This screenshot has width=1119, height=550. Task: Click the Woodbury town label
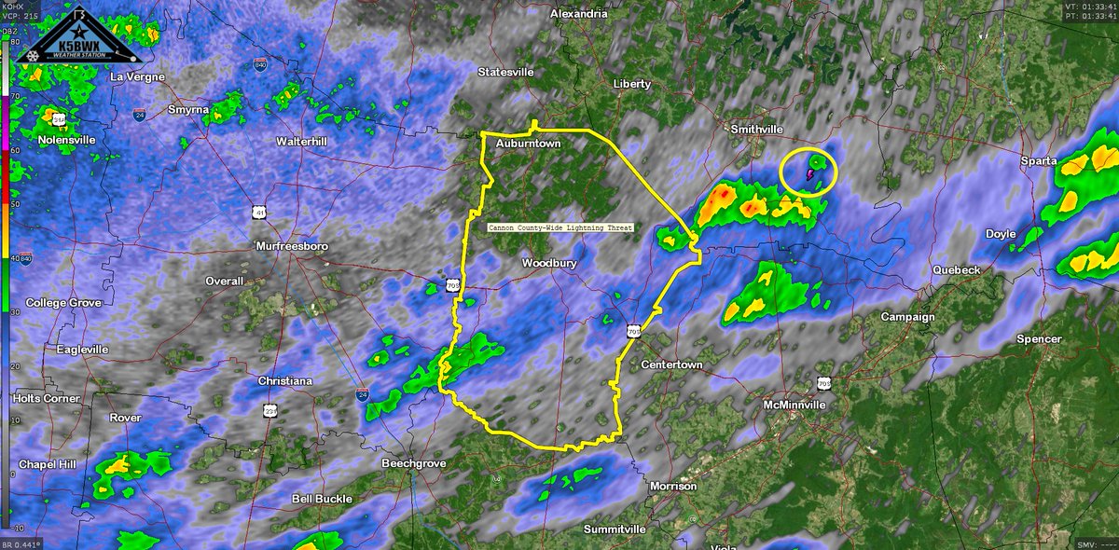tap(549, 264)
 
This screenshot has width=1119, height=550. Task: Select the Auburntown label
tap(528, 144)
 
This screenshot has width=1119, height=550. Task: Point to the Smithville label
tap(757, 130)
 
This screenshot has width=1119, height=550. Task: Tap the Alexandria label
tap(578, 14)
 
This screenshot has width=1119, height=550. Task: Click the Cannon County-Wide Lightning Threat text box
tap(561, 227)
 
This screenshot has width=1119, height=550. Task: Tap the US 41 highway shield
tap(257, 213)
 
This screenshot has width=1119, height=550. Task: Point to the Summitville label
tap(615, 529)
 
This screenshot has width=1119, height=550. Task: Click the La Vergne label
tap(137, 76)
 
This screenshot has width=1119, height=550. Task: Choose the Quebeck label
tap(957, 270)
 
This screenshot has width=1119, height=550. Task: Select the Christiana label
tap(286, 382)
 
